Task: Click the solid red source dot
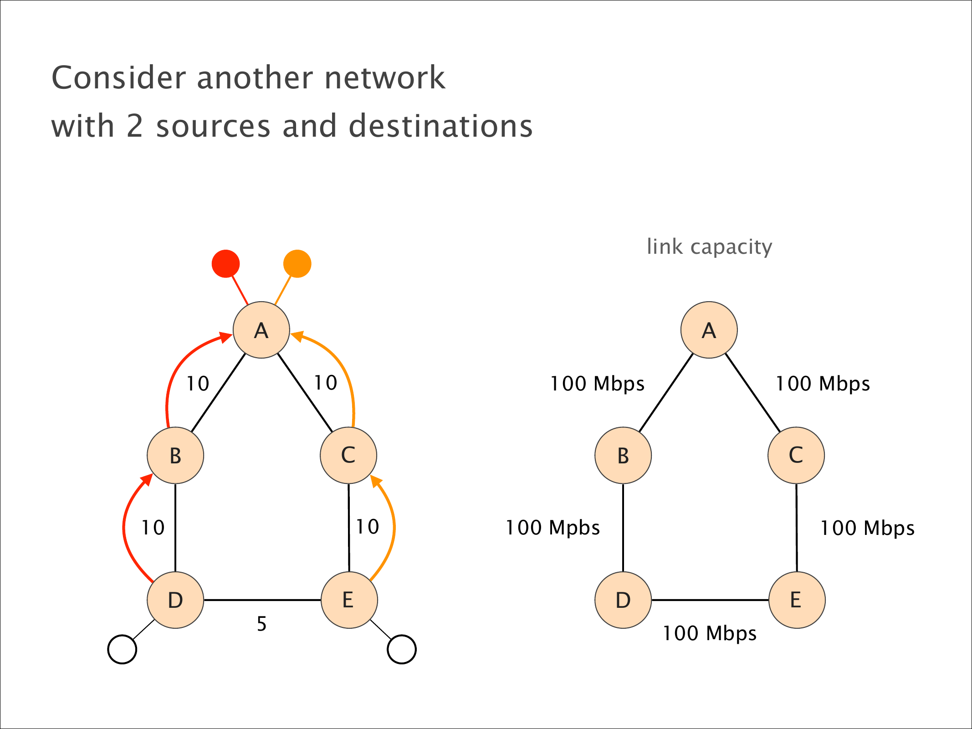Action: [x=225, y=263]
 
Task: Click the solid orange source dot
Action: [x=297, y=263]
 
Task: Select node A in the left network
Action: [x=261, y=330]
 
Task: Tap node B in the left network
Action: [x=175, y=455]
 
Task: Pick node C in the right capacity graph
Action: [x=796, y=455]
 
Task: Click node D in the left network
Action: [x=175, y=600]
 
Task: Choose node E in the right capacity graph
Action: [x=797, y=600]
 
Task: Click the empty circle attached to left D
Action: [x=122, y=649]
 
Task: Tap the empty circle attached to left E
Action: [x=401, y=649]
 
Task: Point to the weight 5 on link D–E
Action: [x=261, y=624]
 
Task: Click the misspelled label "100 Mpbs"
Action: [x=553, y=528]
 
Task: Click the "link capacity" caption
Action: [x=709, y=247]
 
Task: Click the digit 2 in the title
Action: [x=135, y=126]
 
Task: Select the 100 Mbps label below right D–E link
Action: [x=709, y=633]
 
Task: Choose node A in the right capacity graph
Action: [x=709, y=330]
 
